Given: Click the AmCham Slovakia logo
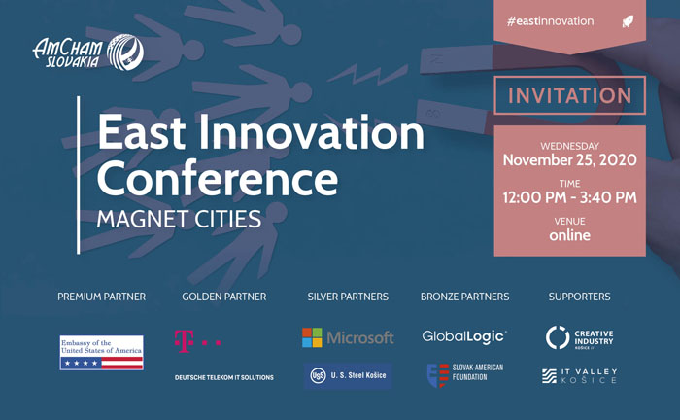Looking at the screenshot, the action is coord(88,52).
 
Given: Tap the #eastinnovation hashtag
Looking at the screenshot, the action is coord(550,20).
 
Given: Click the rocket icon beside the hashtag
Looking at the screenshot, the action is coord(628,21).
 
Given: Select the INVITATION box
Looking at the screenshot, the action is coord(569,95).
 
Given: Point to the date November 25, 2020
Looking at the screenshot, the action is coord(569,160).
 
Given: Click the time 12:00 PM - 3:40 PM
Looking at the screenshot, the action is coord(569,197).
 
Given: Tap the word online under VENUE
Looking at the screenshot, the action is coord(569,235).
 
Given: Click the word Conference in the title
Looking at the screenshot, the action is coord(218,178).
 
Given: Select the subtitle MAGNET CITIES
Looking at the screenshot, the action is coord(179,219).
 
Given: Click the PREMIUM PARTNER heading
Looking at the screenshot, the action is coord(101,297).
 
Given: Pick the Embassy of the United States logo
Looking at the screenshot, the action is coord(101,352).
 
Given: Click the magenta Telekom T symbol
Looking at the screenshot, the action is coord(184,341).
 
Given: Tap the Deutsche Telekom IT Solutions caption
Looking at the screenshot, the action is coord(223,377).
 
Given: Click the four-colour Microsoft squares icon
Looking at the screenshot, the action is coord(312,337).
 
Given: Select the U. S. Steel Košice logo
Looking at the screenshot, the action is coord(348,375).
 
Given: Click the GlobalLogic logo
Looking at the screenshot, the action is coord(464,336).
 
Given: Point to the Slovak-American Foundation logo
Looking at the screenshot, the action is coord(465,375).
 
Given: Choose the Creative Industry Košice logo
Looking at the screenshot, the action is coord(579,337).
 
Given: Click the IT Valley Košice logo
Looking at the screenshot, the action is coord(579,375).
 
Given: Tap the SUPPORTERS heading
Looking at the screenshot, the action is coord(579,297).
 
